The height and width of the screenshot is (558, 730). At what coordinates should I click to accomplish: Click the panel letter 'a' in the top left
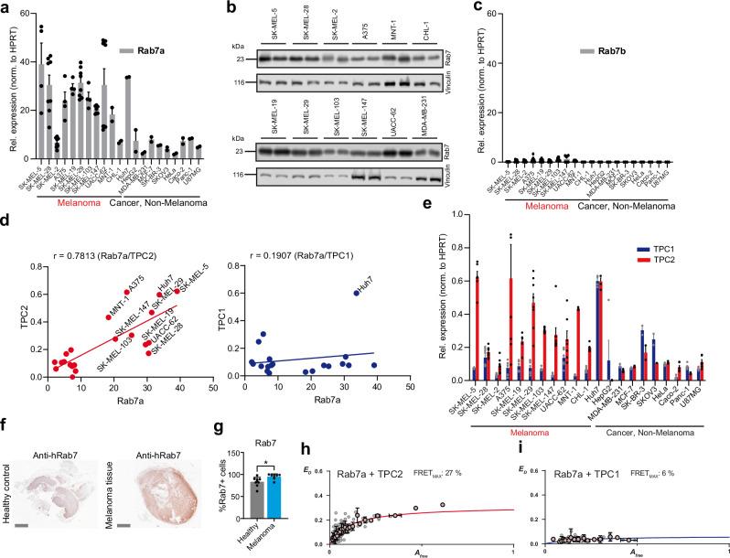[x=6, y=8]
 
